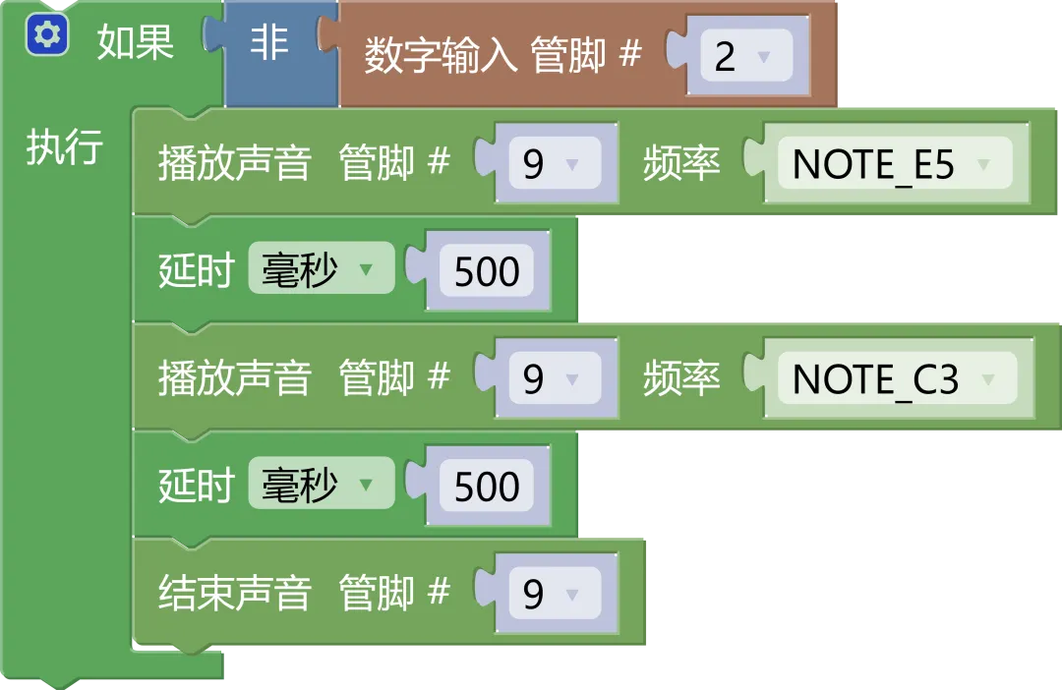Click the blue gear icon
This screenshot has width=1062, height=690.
click(47, 36)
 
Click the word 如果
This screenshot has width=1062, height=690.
click(136, 43)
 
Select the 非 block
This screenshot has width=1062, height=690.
click(268, 45)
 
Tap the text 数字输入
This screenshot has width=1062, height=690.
click(441, 56)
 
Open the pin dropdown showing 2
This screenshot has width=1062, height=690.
click(740, 57)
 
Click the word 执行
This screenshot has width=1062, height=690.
click(65, 147)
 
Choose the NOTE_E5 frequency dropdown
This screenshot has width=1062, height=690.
click(893, 165)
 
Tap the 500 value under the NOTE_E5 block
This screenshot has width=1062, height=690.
click(487, 272)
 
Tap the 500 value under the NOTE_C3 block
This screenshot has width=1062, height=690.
click(487, 487)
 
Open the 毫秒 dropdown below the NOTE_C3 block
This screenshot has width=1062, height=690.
click(320, 485)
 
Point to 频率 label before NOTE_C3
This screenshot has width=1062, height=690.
click(681, 378)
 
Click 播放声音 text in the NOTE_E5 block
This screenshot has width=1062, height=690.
click(234, 164)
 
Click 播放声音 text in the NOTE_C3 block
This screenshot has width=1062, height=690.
click(234, 378)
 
